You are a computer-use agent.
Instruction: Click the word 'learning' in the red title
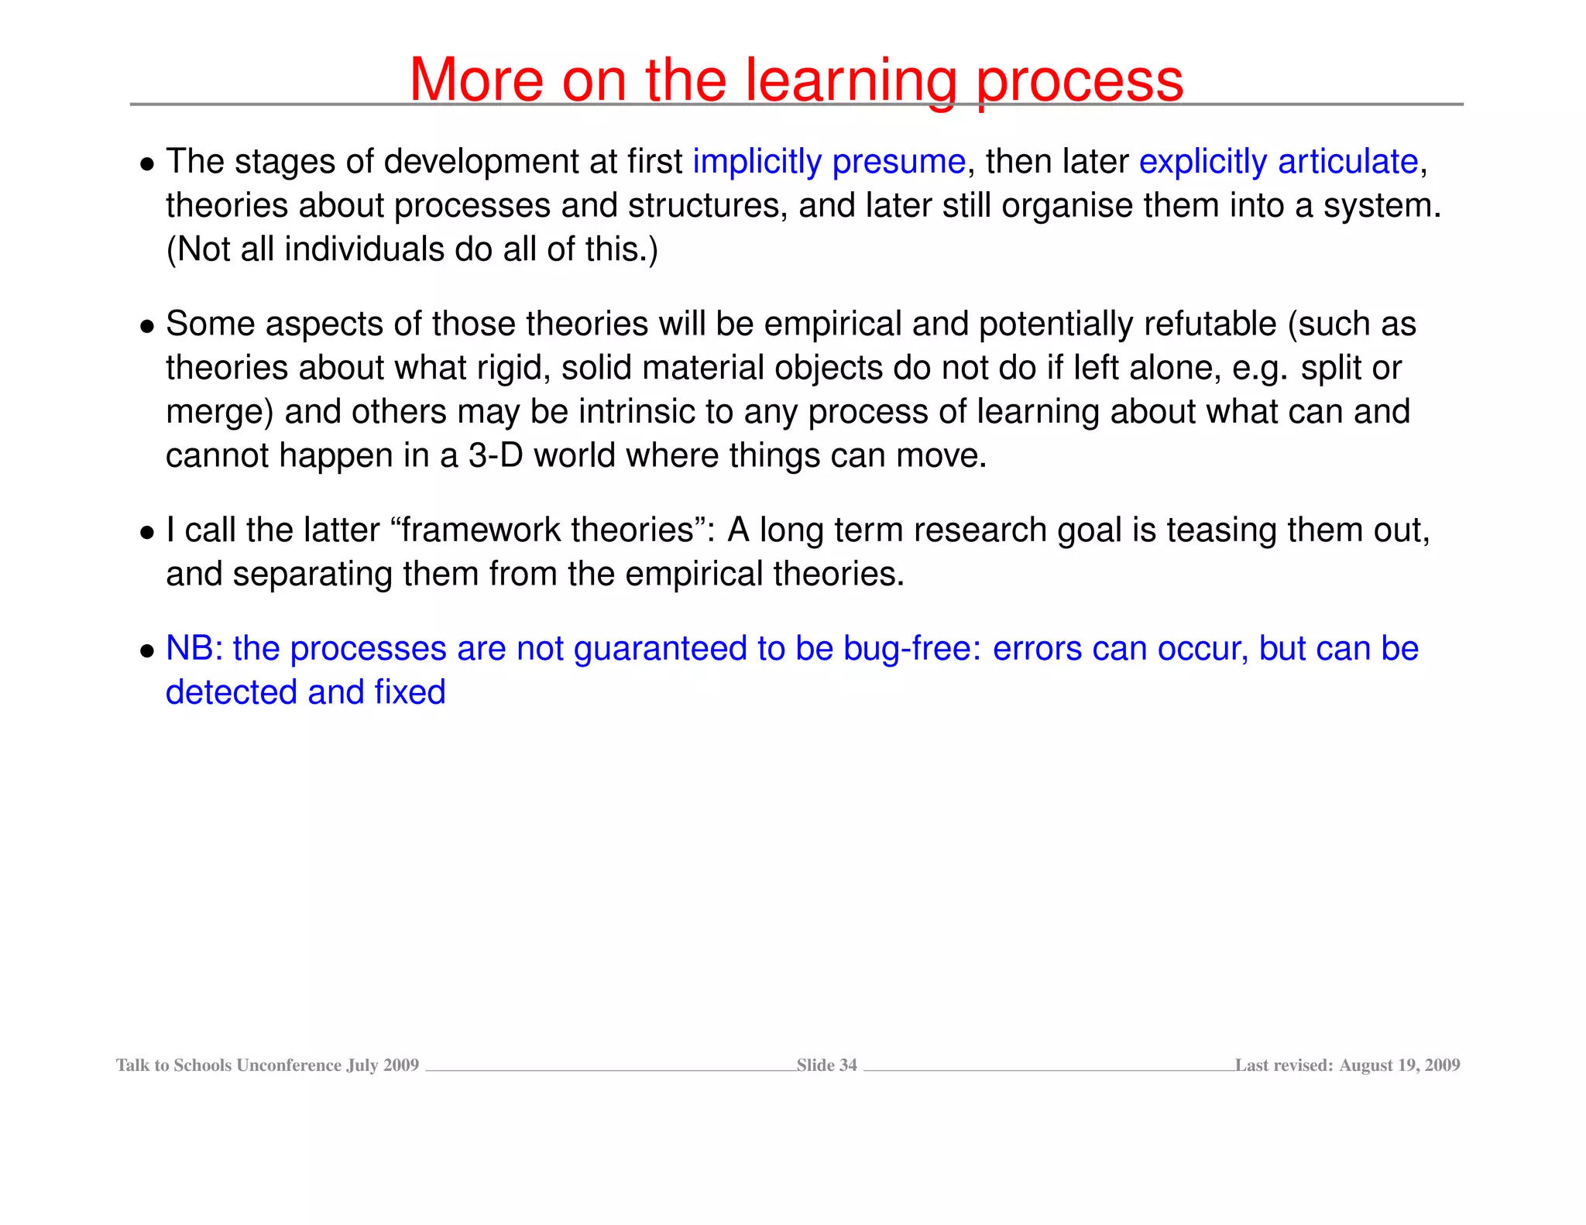[x=850, y=81]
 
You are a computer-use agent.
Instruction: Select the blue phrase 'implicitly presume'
[x=829, y=162]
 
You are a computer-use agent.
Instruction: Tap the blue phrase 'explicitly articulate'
[x=1278, y=162]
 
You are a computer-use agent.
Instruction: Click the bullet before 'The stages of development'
[x=147, y=164]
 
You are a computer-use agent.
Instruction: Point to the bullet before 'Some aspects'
[x=147, y=327]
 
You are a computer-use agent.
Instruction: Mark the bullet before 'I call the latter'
[x=147, y=533]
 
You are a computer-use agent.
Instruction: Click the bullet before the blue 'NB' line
[x=147, y=651]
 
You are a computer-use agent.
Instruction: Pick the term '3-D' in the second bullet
[x=496, y=455]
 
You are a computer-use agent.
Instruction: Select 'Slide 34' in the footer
[x=826, y=1065]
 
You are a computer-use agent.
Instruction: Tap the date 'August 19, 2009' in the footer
[x=1399, y=1065]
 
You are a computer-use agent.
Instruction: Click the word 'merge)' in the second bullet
[x=220, y=412]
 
